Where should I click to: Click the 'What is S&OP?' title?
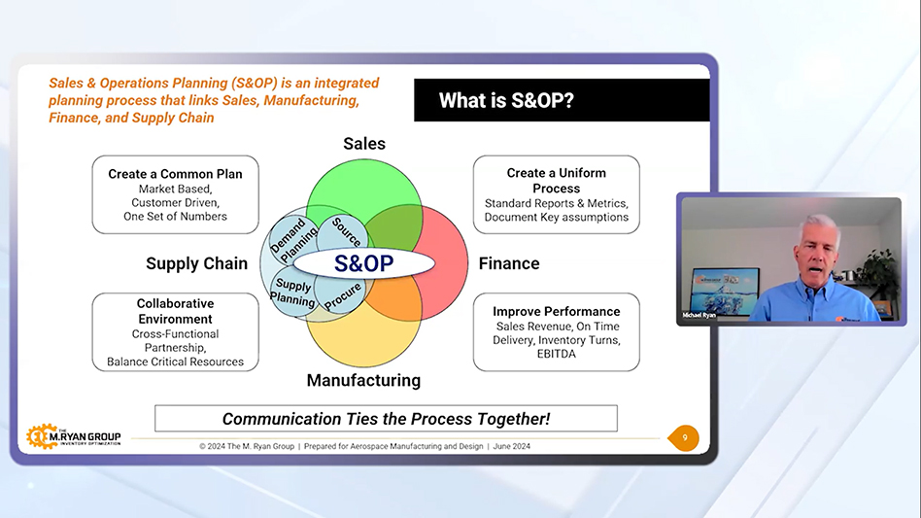(506, 100)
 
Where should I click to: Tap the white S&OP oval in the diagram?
(364, 263)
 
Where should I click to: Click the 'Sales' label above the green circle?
(364, 144)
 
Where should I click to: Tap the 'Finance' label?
(509, 263)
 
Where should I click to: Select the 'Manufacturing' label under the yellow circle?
(363, 381)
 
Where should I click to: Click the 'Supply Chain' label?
(197, 263)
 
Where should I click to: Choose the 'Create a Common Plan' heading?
(175, 174)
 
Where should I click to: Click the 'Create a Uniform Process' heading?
(557, 181)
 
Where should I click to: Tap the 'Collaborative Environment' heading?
(175, 311)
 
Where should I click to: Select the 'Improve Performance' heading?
(557, 311)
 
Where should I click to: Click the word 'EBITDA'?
(557, 354)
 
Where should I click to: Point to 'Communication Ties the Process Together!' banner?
(386, 419)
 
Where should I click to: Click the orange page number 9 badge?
(684, 438)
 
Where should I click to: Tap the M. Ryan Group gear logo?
(41, 437)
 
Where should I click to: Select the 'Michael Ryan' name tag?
(699, 316)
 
